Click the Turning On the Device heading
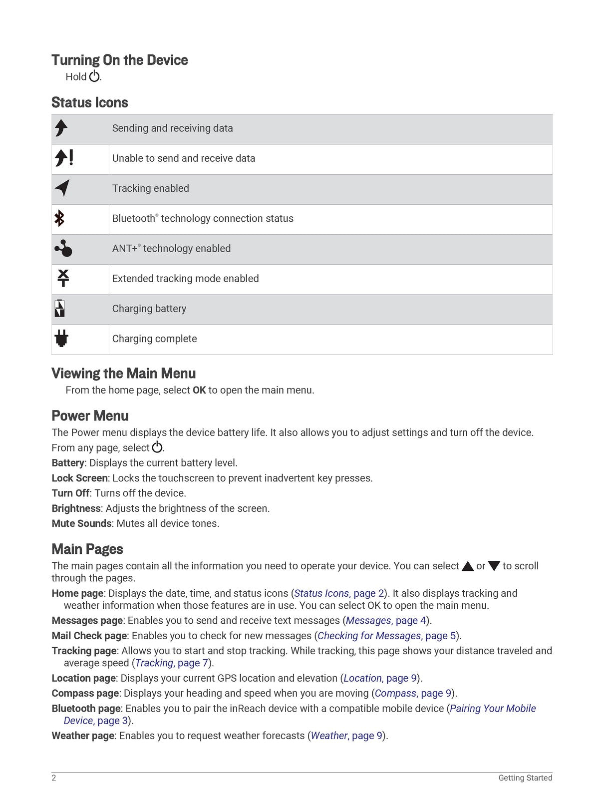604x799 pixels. pos(119,60)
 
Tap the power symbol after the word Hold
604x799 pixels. pos(94,76)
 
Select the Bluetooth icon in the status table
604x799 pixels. pos(59,219)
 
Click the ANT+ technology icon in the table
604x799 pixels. pos(63,248)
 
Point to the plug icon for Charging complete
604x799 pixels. pos(61,339)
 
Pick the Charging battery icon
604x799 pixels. pos(59,309)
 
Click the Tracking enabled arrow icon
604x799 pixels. pos(62,188)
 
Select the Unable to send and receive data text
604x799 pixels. pos(183,158)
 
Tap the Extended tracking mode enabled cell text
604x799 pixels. pos(185,279)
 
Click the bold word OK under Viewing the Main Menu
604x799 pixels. pos(199,390)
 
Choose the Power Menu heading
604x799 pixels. pos(90,416)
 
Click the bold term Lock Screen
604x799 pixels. pos(79,478)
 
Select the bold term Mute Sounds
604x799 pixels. pos(81,523)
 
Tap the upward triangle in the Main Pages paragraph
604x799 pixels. pos(468,566)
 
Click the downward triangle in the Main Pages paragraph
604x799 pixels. pos(494,566)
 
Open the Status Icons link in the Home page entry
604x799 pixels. pos(321,593)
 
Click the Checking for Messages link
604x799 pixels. pos(369,636)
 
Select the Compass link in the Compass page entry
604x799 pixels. pos(395,693)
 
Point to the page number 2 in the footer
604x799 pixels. pos(54,778)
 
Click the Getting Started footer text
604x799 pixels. pos(525,778)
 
